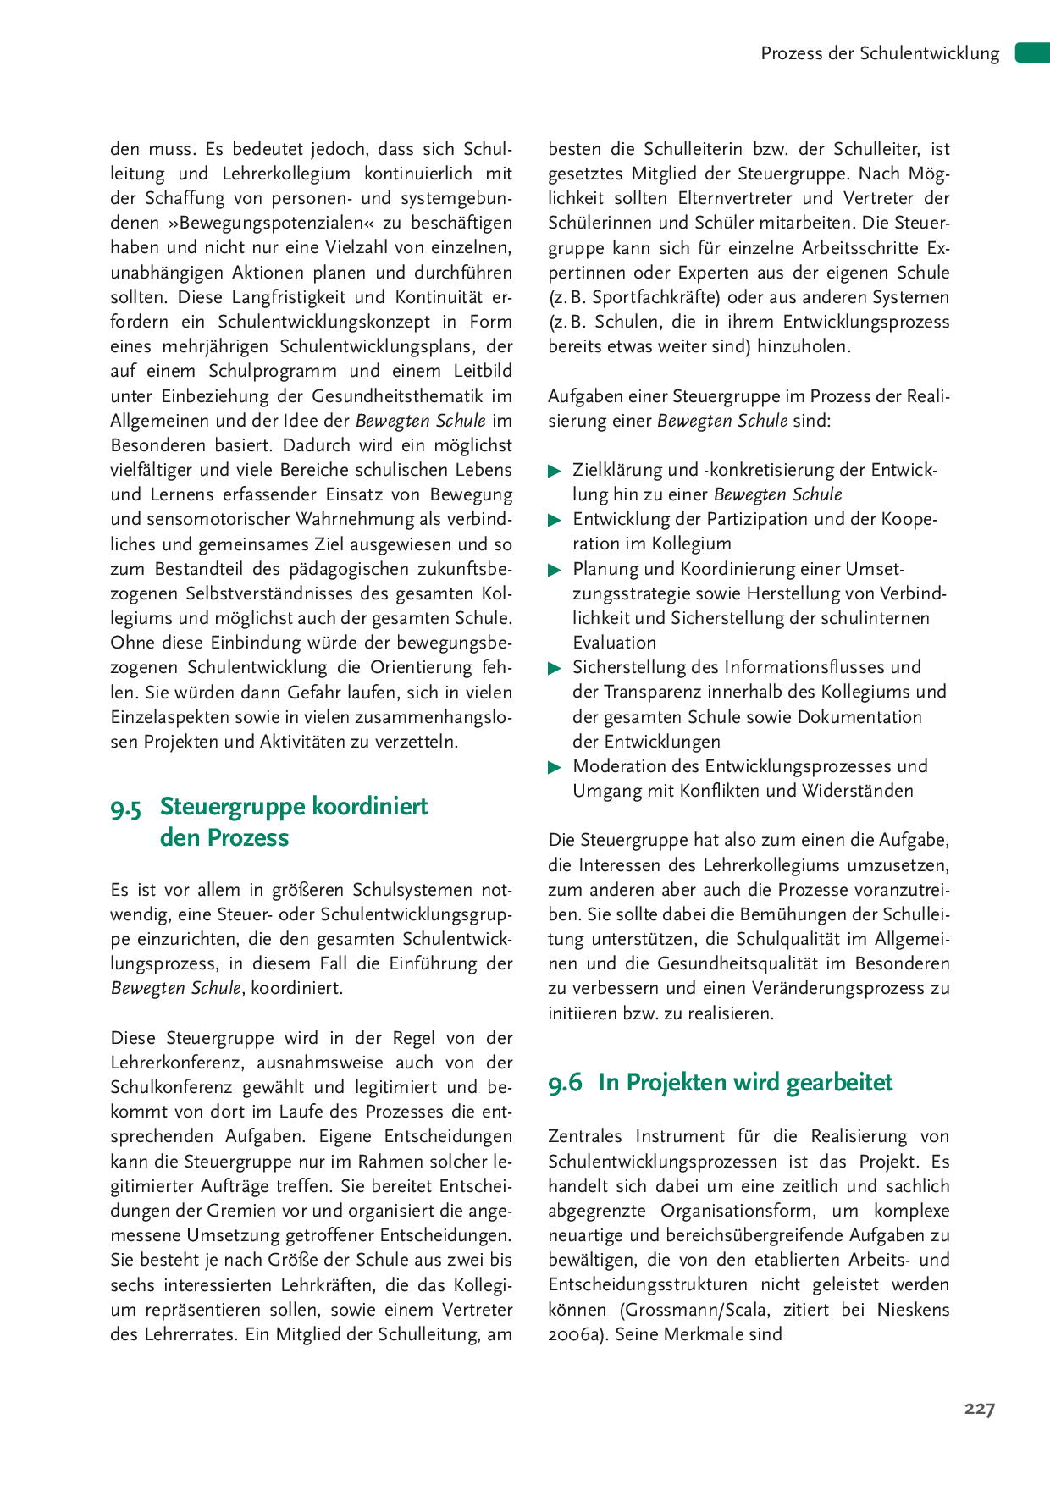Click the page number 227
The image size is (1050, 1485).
tap(979, 1409)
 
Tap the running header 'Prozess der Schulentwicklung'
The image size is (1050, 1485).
tap(880, 53)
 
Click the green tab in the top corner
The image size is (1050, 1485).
tap(1032, 52)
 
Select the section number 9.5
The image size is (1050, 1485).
tap(126, 809)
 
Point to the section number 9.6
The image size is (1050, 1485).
tap(565, 1084)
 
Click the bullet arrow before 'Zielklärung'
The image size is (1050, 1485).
tap(555, 471)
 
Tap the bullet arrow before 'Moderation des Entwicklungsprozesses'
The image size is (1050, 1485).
tap(555, 767)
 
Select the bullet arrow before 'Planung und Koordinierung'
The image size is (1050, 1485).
tap(555, 570)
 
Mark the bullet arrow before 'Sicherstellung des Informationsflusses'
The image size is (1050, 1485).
tap(555, 668)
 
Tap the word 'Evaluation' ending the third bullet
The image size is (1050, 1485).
tap(614, 643)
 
